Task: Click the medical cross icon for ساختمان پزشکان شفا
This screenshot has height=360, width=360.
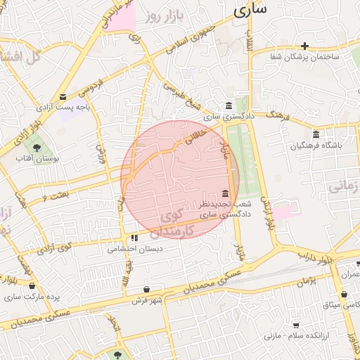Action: (x=305, y=46)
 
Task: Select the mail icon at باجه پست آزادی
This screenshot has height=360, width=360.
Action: (x=63, y=96)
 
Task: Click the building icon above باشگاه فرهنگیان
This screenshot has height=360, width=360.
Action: (x=315, y=134)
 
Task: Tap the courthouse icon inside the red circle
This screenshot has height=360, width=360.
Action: (x=225, y=193)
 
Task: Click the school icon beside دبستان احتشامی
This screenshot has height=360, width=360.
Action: (x=134, y=238)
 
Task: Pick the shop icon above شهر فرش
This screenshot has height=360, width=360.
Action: (x=146, y=289)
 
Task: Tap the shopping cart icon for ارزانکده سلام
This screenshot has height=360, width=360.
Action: (x=296, y=325)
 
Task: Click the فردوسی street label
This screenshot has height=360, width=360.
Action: (x=90, y=86)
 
